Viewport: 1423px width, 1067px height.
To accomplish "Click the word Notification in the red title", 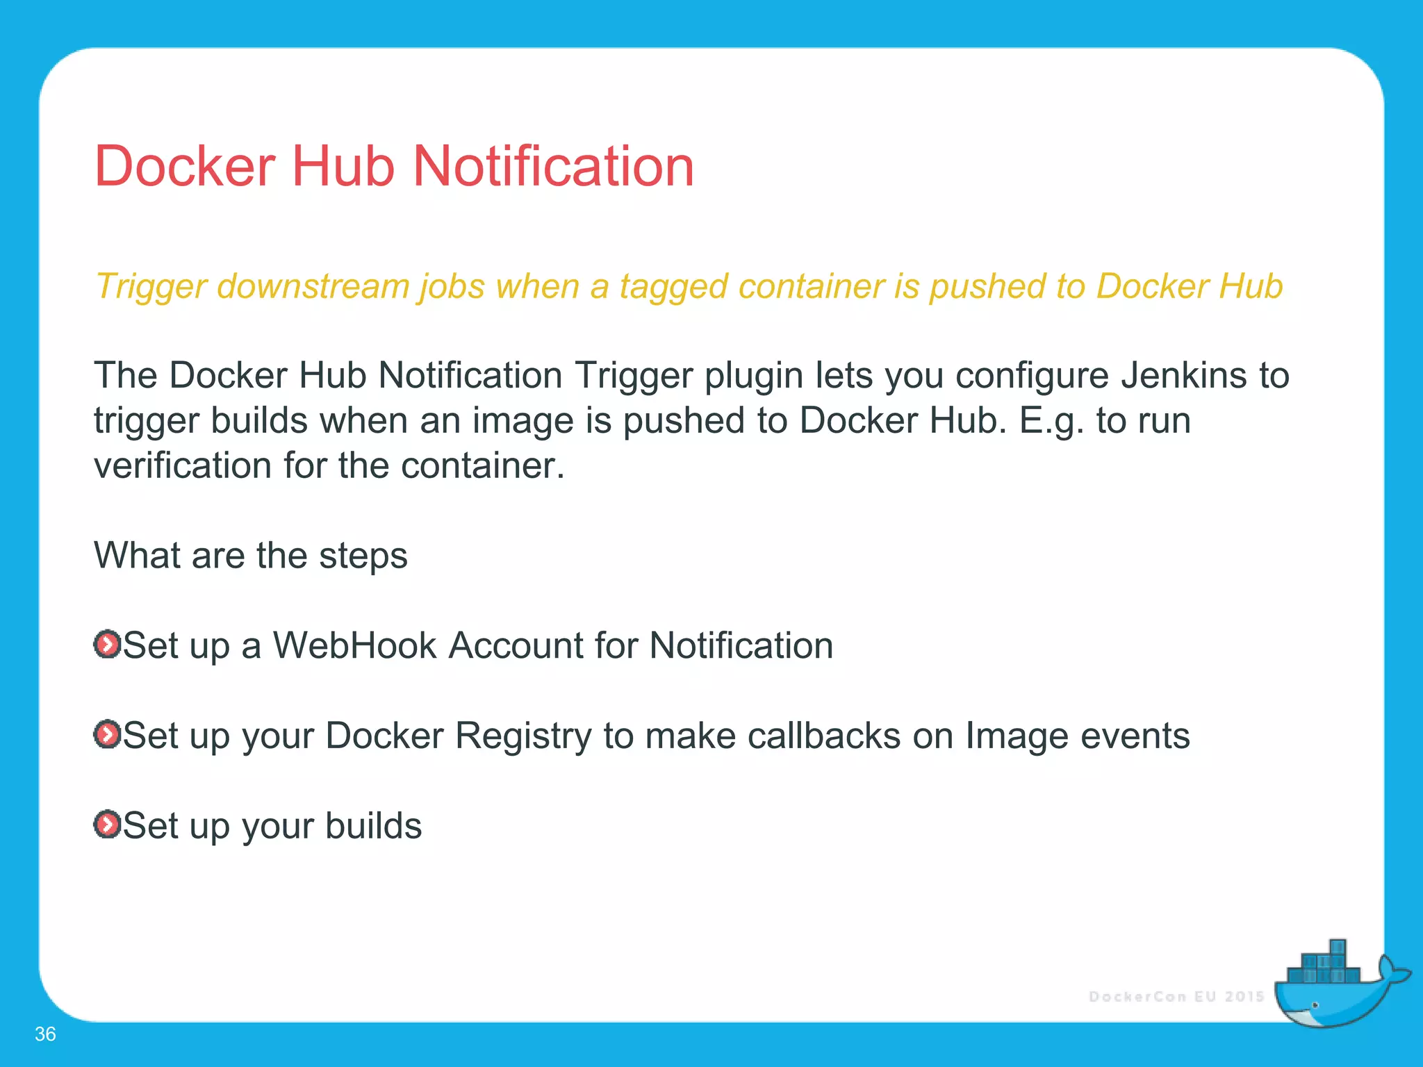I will click(554, 167).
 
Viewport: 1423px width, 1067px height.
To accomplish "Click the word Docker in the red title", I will click(185, 167).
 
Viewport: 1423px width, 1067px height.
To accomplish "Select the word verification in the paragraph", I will click(183, 465).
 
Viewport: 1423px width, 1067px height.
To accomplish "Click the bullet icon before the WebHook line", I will click(107, 645).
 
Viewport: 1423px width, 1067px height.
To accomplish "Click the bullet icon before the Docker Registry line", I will click(107, 735).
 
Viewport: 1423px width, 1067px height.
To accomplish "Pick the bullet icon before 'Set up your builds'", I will click(107, 825).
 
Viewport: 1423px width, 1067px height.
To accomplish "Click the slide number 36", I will click(45, 1034).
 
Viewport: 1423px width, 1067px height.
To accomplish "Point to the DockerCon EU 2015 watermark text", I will click(1176, 997).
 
